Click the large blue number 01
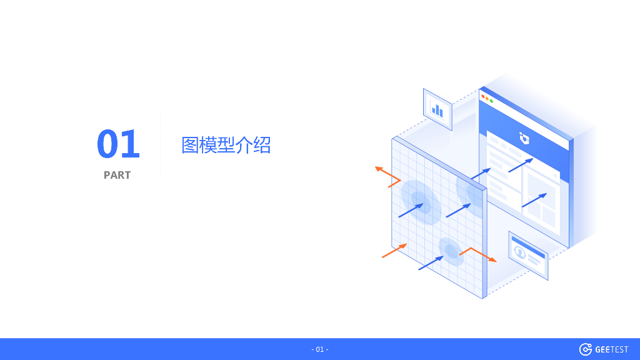[x=118, y=144]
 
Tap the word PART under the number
[x=117, y=176]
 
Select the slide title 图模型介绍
[x=226, y=145]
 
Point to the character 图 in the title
[x=190, y=145]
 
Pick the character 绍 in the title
[x=262, y=145]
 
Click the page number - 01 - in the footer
[x=319, y=349]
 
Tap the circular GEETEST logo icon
[x=586, y=349]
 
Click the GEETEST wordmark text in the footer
[x=611, y=349]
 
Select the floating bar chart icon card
[x=437, y=110]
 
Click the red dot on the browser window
[x=482, y=97]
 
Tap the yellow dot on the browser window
[x=487, y=99]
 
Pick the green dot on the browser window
[x=491, y=101]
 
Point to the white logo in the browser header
[x=524, y=137]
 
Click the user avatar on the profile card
[x=519, y=251]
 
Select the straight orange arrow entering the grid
[x=394, y=251]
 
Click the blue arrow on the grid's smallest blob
[x=431, y=262]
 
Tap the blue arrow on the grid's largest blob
[x=411, y=210]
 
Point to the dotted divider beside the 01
[x=161, y=145]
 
